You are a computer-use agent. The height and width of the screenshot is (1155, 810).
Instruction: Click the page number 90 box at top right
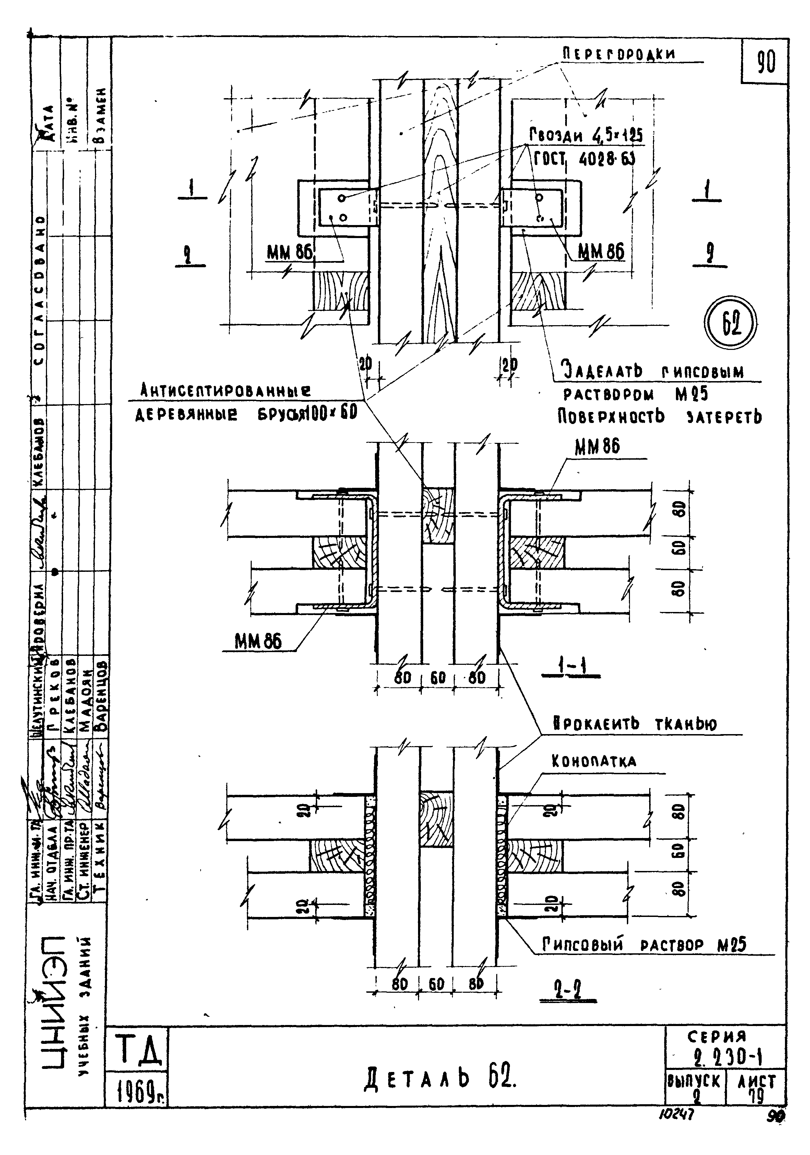pyautogui.click(x=765, y=62)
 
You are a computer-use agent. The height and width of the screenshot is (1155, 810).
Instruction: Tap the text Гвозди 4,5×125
pyautogui.click(x=585, y=135)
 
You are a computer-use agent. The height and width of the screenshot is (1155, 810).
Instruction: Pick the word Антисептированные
pyautogui.click(x=225, y=390)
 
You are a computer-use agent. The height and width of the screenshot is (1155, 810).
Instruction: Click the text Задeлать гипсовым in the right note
pyautogui.click(x=652, y=372)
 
